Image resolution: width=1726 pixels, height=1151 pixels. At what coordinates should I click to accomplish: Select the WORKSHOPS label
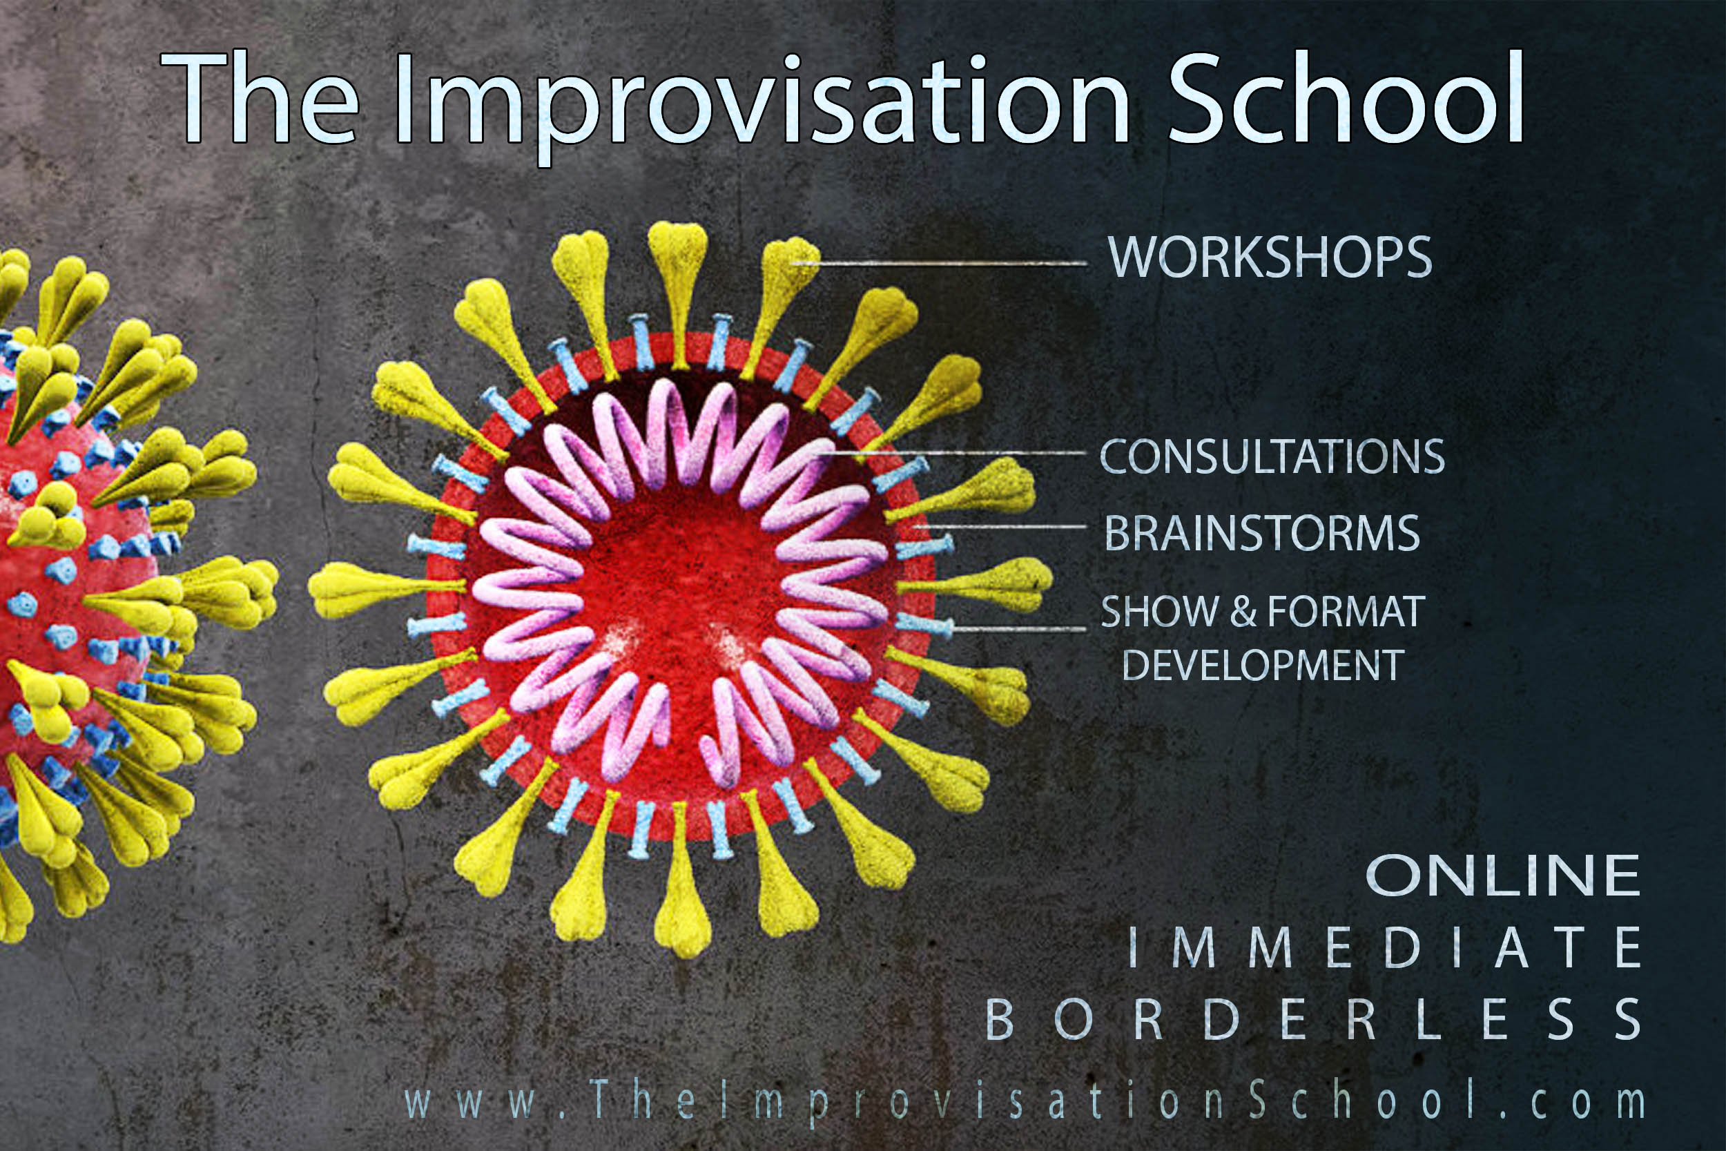(x=1270, y=258)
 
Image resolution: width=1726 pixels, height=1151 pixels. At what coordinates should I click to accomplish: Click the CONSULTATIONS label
(x=1272, y=456)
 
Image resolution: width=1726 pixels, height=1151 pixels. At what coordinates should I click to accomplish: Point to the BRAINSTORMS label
(x=1262, y=533)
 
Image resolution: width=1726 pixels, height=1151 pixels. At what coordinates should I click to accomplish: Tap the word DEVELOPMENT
(x=1263, y=665)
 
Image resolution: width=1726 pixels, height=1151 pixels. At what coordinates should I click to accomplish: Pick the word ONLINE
(x=1502, y=876)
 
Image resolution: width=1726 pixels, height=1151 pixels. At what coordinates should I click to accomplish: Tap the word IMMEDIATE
(x=1384, y=947)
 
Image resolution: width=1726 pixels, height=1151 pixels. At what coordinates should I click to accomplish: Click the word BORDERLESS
(x=1313, y=1018)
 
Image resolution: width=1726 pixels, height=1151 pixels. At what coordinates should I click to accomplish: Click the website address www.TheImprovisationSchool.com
(x=1024, y=1101)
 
